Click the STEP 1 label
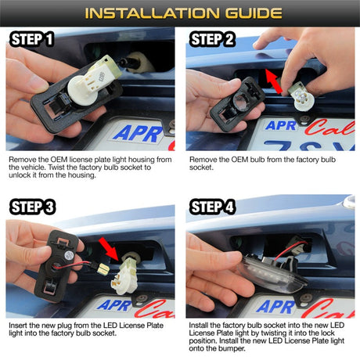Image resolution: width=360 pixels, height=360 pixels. [x=31, y=39]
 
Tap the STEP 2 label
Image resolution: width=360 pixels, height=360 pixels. [x=212, y=39]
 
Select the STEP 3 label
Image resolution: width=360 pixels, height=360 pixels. [x=32, y=207]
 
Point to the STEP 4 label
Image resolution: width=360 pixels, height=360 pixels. [x=212, y=207]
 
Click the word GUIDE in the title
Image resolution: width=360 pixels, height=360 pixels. [x=254, y=13]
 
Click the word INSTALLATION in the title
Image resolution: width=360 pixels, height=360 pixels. [x=152, y=13]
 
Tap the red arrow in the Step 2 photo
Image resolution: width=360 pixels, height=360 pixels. [x=273, y=81]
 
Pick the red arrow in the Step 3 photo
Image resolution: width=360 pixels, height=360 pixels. [x=109, y=249]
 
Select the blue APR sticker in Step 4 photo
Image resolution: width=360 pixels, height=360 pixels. [x=276, y=306]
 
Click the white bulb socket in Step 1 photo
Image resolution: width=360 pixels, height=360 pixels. [x=95, y=81]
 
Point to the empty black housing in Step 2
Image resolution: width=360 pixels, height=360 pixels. [x=237, y=103]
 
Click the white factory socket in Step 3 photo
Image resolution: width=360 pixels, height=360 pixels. [x=128, y=274]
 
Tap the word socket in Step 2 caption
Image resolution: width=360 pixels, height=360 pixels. [x=201, y=167]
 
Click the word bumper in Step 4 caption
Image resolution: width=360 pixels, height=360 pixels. [x=232, y=348]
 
